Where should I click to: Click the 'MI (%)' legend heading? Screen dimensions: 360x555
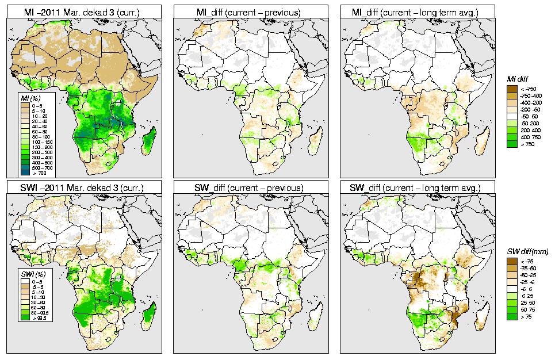tap(29, 99)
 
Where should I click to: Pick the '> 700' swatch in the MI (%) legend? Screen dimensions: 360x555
tap(24, 173)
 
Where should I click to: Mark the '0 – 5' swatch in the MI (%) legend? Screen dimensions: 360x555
tap(24, 106)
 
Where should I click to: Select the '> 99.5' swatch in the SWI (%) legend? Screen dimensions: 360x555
tap(24, 317)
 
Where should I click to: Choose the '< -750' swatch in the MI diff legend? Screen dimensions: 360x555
tap(511, 89)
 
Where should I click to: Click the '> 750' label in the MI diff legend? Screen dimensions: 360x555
tap(527, 144)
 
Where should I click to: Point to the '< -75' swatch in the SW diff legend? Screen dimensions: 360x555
tap(511, 261)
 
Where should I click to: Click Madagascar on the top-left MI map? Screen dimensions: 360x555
tap(149, 142)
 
